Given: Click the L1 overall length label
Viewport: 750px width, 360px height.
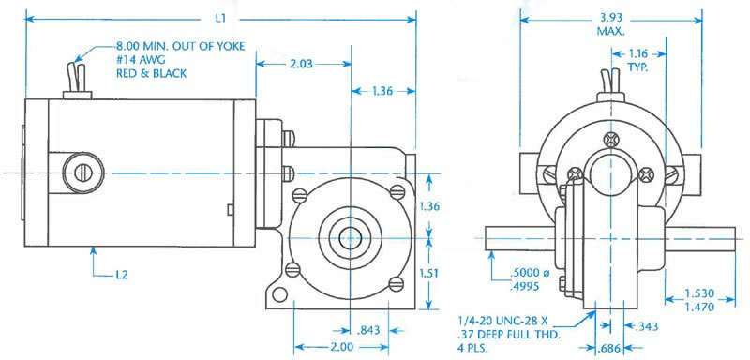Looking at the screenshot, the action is [x=220, y=19].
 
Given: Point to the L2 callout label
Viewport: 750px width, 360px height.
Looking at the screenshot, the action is [x=122, y=275].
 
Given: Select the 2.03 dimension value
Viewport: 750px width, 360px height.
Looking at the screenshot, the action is [x=302, y=64].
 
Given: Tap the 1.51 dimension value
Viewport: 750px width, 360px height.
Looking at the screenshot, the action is [x=430, y=273].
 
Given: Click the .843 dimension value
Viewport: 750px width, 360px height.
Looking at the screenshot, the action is [x=368, y=330].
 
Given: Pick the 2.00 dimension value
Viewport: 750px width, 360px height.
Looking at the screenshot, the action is [x=341, y=347].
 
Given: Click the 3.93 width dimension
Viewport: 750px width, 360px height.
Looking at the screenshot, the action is [x=610, y=19].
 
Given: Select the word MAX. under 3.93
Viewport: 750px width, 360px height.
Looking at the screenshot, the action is [x=611, y=32].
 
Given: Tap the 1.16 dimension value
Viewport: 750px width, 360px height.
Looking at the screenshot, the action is [x=639, y=53].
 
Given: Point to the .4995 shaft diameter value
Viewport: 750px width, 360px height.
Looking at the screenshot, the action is [x=525, y=286].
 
